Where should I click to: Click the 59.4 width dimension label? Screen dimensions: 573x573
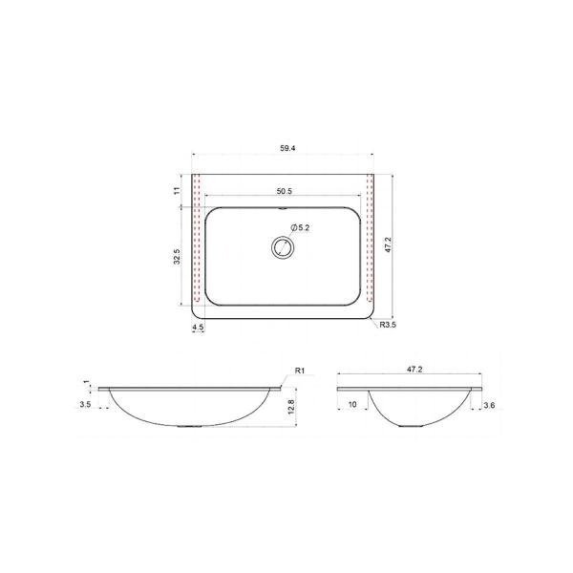tap(287, 148)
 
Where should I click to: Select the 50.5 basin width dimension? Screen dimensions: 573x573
tap(285, 191)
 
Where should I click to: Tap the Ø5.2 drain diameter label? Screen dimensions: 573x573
tap(301, 227)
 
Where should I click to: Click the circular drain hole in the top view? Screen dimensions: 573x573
tap(283, 247)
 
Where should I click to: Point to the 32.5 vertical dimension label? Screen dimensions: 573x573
tap(177, 257)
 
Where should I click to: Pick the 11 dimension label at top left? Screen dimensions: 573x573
tap(177, 190)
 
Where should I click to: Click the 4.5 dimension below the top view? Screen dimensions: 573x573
tap(198, 327)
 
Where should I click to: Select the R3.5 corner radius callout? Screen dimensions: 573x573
tap(388, 325)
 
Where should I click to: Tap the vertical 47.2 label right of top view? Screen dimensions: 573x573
tap(388, 244)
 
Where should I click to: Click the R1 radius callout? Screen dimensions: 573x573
tap(300, 371)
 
